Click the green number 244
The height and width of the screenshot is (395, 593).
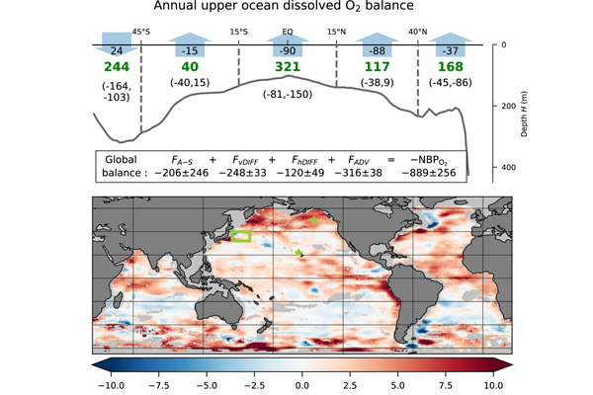117,67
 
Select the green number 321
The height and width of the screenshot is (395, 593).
288,67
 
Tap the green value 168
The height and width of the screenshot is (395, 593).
450,67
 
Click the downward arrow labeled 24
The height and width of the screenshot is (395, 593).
117,44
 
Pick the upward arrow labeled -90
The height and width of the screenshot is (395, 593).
288,44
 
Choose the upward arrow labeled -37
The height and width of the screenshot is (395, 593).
450,44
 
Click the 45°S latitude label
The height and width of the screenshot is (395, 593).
141,32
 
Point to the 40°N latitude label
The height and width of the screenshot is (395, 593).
417,32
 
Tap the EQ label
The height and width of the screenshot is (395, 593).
288,32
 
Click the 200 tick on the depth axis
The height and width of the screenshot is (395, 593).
508,106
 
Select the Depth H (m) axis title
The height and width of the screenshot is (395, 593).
524,114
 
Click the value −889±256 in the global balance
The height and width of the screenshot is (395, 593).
429,173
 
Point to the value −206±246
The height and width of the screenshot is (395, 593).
182,173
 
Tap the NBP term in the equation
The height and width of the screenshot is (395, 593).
429,160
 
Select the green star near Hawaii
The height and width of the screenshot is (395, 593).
298,253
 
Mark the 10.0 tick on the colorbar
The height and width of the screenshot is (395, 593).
493,385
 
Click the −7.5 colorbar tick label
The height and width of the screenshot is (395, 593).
208,385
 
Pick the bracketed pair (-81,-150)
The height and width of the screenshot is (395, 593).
288,94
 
